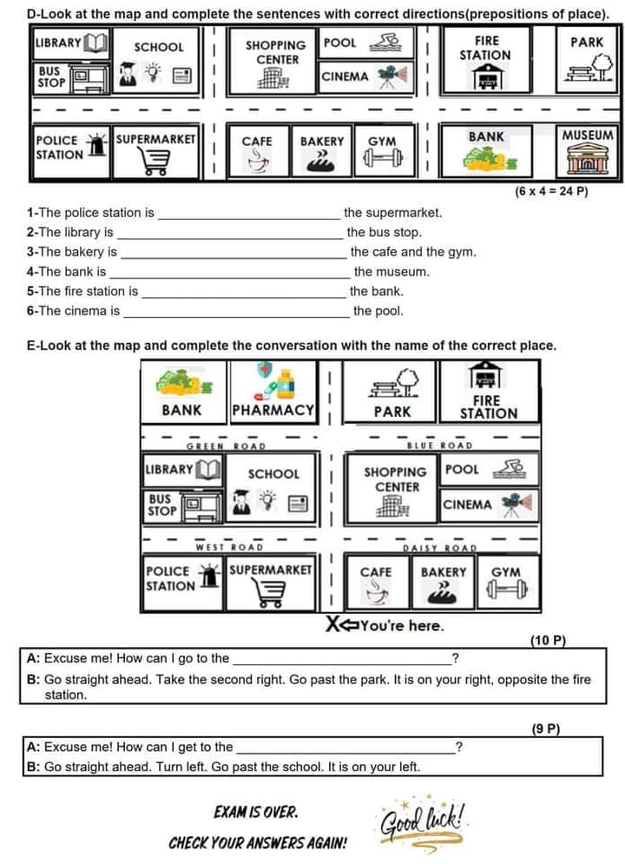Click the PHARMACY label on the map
[273, 410]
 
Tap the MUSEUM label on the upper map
[588, 135]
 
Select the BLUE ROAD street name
[440, 446]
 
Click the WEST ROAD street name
[228, 547]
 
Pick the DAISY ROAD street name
[439, 548]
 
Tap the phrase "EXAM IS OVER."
[255, 813]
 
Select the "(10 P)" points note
[547, 641]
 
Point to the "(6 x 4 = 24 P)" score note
[551, 191]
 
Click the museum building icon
[588, 161]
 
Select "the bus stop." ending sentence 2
[384, 232]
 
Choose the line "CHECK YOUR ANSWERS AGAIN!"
[258, 843]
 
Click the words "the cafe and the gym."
[412, 252]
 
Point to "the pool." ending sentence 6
[378, 311]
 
